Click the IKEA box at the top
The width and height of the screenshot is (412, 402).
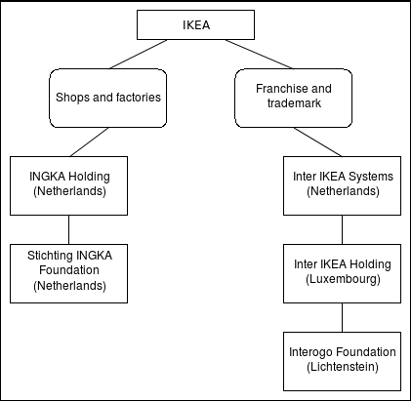point(195,24)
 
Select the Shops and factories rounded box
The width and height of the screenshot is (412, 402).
point(108,98)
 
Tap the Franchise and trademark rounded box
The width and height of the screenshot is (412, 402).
point(294,98)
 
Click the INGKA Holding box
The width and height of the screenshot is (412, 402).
point(68,185)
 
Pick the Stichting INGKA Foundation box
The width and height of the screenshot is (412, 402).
point(68,273)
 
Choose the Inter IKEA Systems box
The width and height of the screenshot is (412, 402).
point(342,185)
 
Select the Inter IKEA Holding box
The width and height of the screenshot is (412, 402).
point(342,273)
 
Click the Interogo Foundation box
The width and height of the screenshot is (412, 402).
point(342,361)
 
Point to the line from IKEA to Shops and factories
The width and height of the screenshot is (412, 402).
point(139,55)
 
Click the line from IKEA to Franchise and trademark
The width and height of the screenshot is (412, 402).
point(259,55)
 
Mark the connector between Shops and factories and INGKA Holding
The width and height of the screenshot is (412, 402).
point(89,141)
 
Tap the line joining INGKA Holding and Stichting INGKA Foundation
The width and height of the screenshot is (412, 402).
point(68,229)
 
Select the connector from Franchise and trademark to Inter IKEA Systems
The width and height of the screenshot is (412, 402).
point(318,141)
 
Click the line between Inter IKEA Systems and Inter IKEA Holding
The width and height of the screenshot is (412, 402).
point(342,229)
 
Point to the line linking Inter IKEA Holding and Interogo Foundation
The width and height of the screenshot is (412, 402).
point(342,317)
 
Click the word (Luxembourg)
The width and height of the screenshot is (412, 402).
point(343,279)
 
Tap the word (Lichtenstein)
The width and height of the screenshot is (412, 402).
point(343,367)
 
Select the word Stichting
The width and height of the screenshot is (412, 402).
point(48,256)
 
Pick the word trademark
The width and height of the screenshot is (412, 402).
point(294,103)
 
